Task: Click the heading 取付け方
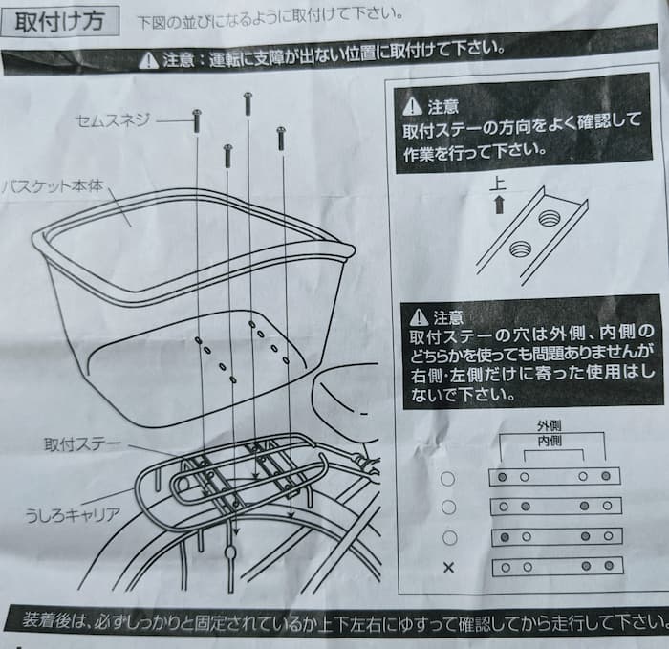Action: (x=59, y=21)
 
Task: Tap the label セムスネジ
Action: (x=113, y=120)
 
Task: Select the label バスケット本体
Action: (x=52, y=186)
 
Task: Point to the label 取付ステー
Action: (x=83, y=444)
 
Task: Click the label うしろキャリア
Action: (x=72, y=515)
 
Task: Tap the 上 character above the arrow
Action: (x=498, y=184)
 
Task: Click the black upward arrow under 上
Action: (x=499, y=205)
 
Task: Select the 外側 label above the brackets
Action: (x=550, y=425)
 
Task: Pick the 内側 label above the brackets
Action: (x=550, y=441)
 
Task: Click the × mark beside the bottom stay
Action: (x=448, y=568)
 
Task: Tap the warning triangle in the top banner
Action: (x=148, y=60)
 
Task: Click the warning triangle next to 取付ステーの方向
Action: (x=412, y=106)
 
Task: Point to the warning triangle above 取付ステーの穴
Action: (x=419, y=316)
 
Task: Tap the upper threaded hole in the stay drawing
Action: (x=548, y=219)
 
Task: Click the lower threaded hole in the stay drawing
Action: (x=519, y=249)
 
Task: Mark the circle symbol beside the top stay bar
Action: (x=447, y=479)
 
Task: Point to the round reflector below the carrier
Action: (x=230, y=552)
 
